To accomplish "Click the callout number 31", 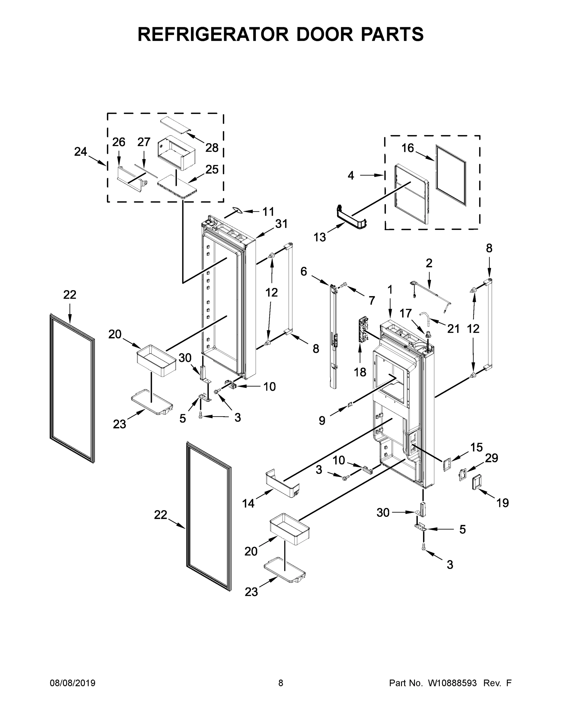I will pyautogui.click(x=281, y=224).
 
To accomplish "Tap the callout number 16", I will pyautogui.click(x=408, y=148).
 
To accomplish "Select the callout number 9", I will pyautogui.click(x=322, y=420).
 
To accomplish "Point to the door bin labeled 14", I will pyautogui.click(x=282, y=485).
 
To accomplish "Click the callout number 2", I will pyautogui.click(x=429, y=263).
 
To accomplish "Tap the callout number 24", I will pyautogui.click(x=80, y=152).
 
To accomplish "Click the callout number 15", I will pyautogui.click(x=476, y=447).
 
